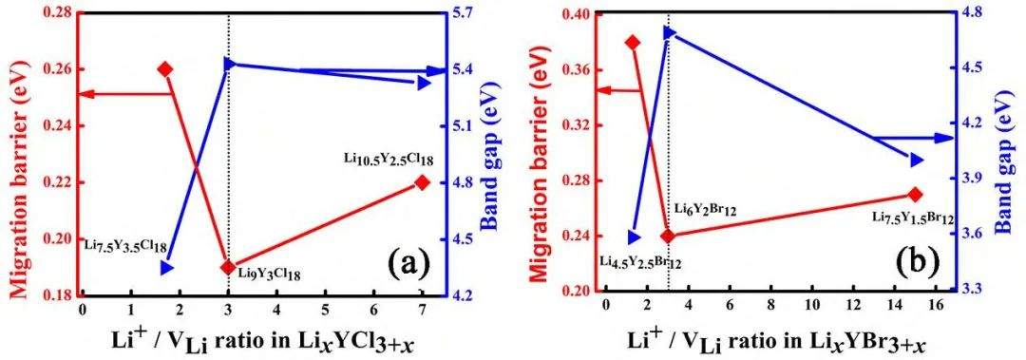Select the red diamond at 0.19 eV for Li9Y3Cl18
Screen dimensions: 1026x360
point(228,267)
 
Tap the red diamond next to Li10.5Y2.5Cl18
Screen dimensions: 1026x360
point(422,182)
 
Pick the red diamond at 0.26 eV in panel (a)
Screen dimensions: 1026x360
point(165,68)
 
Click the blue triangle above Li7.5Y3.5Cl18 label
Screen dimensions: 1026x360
point(166,268)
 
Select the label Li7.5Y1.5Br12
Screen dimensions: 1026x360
point(911,216)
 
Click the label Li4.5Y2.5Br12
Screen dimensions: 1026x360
point(641,262)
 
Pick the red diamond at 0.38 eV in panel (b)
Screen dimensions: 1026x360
point(632,43)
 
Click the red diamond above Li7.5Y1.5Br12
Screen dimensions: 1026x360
point(915,195)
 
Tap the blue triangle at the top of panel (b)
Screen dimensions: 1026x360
point(670,33)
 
